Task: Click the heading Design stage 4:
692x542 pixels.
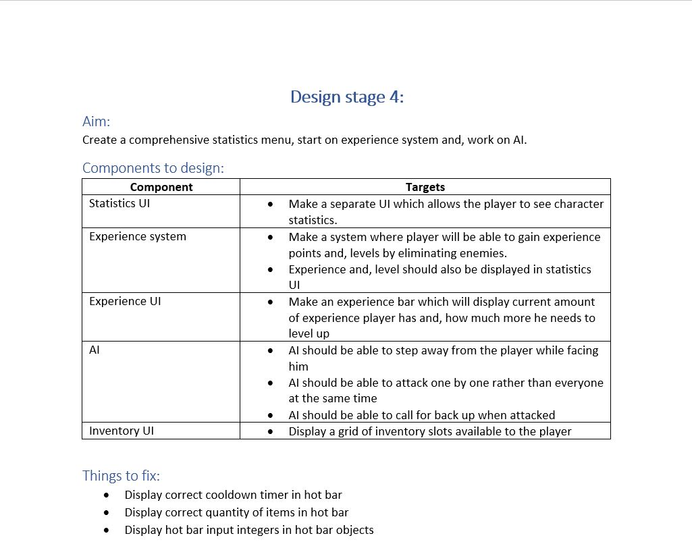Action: point(346,97)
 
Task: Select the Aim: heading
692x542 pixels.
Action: point(96,121)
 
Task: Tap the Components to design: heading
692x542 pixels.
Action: point(153,167)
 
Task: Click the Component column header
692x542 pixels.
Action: point(161,187)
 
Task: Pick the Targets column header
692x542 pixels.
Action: point(425,187)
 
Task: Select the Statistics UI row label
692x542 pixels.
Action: point(119,203)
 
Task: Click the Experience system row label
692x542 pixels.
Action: point(138,236)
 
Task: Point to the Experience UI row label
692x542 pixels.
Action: point(125,301)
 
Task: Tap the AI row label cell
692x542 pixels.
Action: point(95,350)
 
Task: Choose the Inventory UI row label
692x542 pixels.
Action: point(122,431)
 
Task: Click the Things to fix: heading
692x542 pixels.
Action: point(121,475)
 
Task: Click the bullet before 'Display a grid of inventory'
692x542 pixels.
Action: point(271,431)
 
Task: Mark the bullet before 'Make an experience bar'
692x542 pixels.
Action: point(271,302)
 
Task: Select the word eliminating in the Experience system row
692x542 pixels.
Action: point(423,253)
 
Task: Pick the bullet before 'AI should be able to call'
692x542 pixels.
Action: point(271,415)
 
